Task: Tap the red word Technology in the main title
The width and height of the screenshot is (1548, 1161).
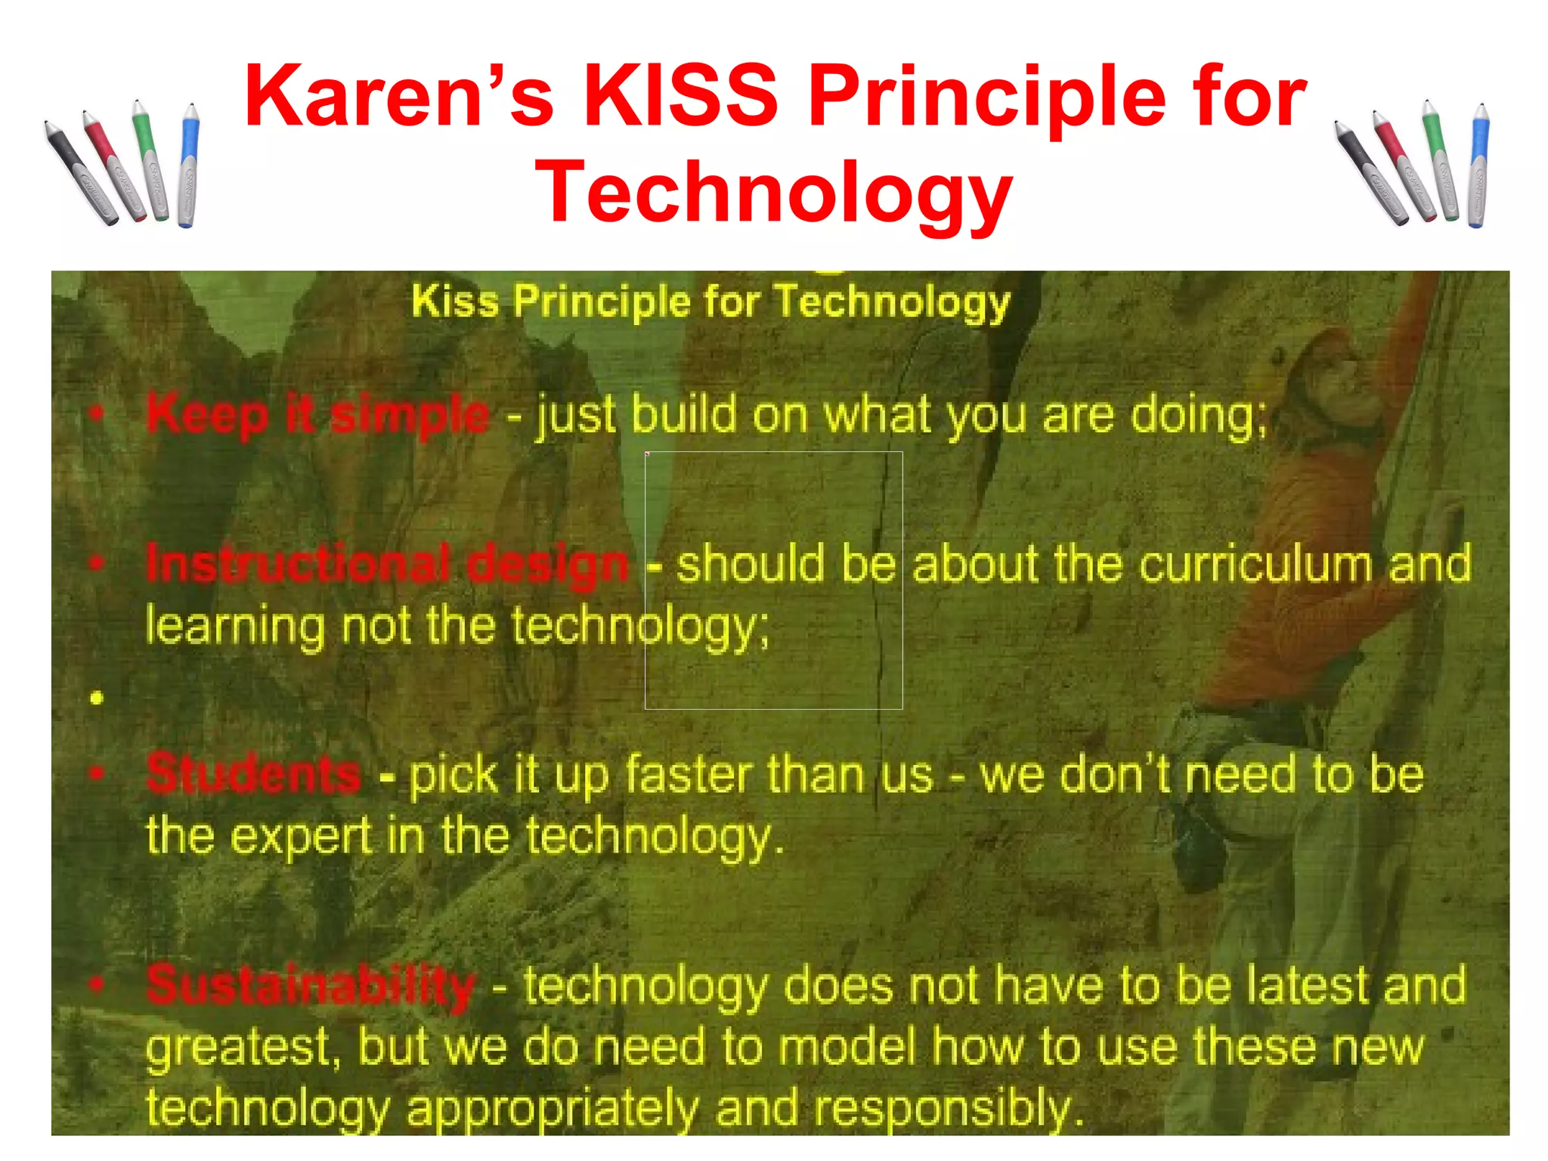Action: (772, 193)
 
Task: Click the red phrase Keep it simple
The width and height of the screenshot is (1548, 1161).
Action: (317, 414)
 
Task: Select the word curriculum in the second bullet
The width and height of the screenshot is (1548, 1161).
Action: (1255, 564)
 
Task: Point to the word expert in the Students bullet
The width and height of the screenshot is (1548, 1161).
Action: (300, 836)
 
